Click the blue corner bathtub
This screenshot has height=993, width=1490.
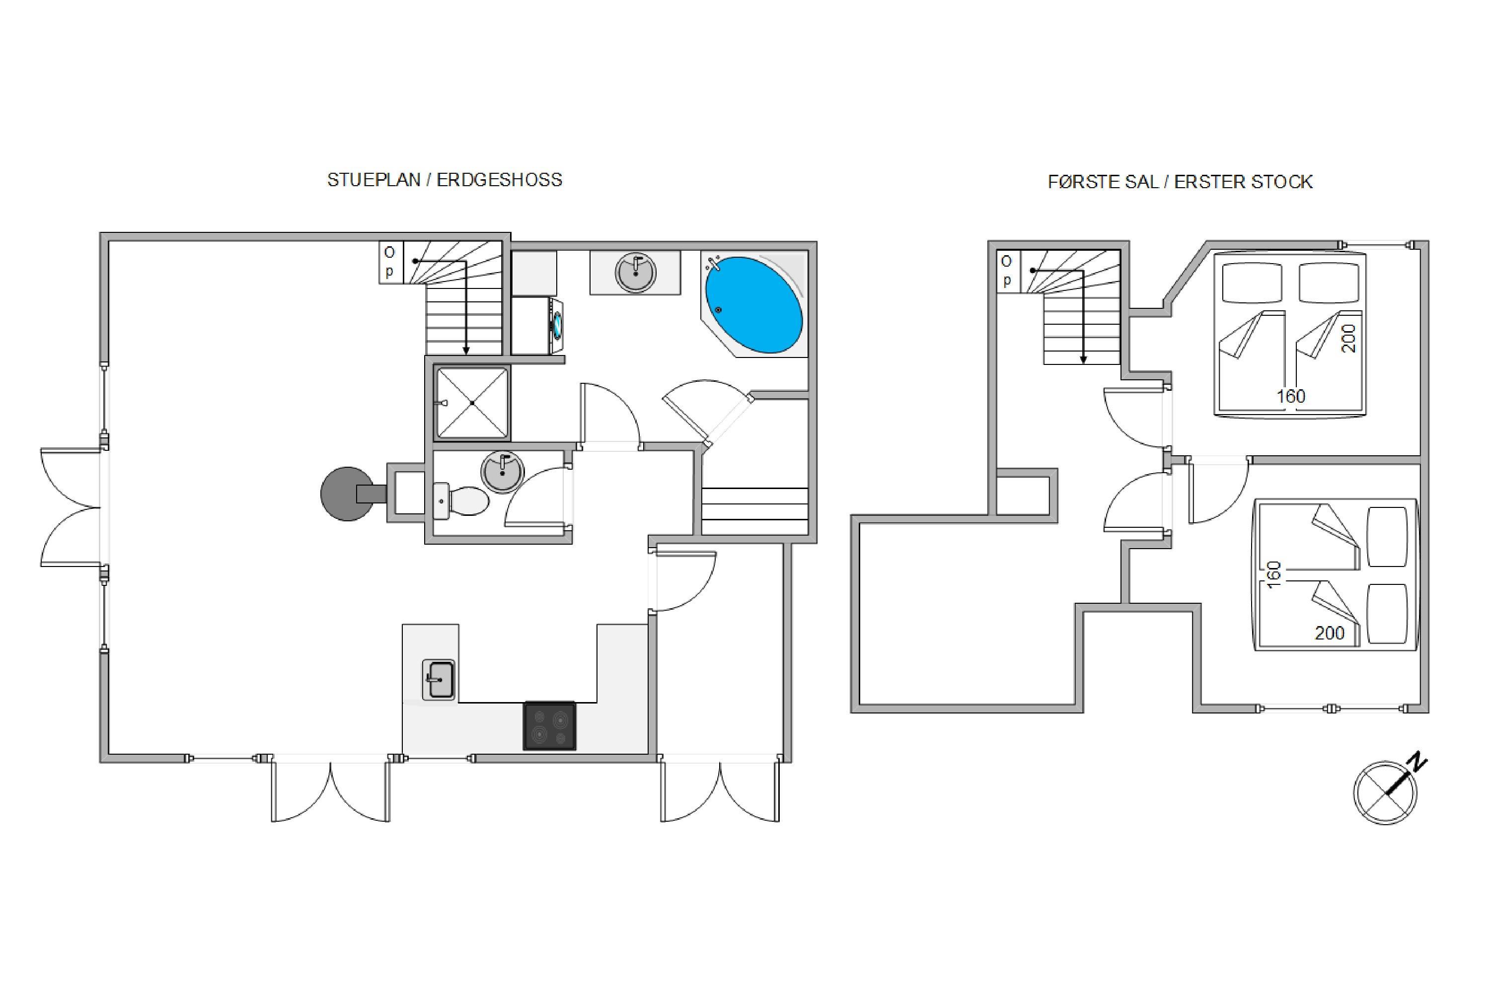tap(754, 305)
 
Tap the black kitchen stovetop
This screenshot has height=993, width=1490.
tap(549, 726)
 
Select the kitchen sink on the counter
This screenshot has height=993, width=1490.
tap(439, 680)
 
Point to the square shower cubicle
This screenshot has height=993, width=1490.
tap(472, 403)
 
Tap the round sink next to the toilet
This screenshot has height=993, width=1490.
tap(503, 472)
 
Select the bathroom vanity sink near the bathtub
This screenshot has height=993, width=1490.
tap(635, 272)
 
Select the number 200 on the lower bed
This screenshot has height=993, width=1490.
tap(1330, 633)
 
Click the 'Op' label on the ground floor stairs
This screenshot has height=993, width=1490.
tap(389, 262)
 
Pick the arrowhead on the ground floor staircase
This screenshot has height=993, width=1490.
tap(466, 350)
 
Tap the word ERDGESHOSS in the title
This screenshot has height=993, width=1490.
tap(499, 180)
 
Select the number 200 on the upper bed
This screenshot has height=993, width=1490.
tap(1349, 338)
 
